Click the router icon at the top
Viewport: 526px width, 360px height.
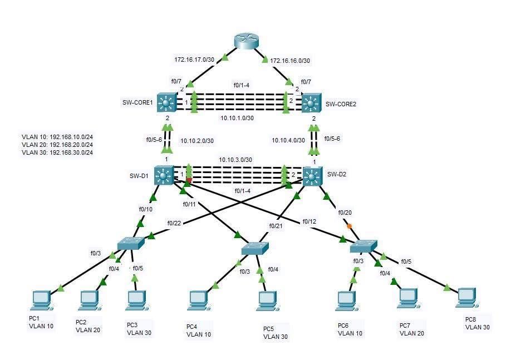tap(245, 41)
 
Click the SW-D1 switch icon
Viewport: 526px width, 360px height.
tap(164, 175)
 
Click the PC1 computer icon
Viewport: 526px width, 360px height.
tap(42, 300)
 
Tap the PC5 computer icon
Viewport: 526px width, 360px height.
tap(266, 301)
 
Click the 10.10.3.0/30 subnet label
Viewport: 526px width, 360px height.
tap(235, 160)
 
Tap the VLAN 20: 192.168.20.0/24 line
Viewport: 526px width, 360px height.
tap(57, 144)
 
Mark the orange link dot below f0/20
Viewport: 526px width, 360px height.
tap(349, 226)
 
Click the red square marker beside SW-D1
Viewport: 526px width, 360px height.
tap(189, 180)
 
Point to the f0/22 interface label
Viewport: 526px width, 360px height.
tap(174, 223)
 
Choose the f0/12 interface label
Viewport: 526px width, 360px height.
tap(309, 221)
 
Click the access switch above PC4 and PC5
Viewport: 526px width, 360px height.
tap(254, 248)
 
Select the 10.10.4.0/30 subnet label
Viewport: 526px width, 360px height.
tap(288, 141)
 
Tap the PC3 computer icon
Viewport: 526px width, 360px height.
tap(136, 300)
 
